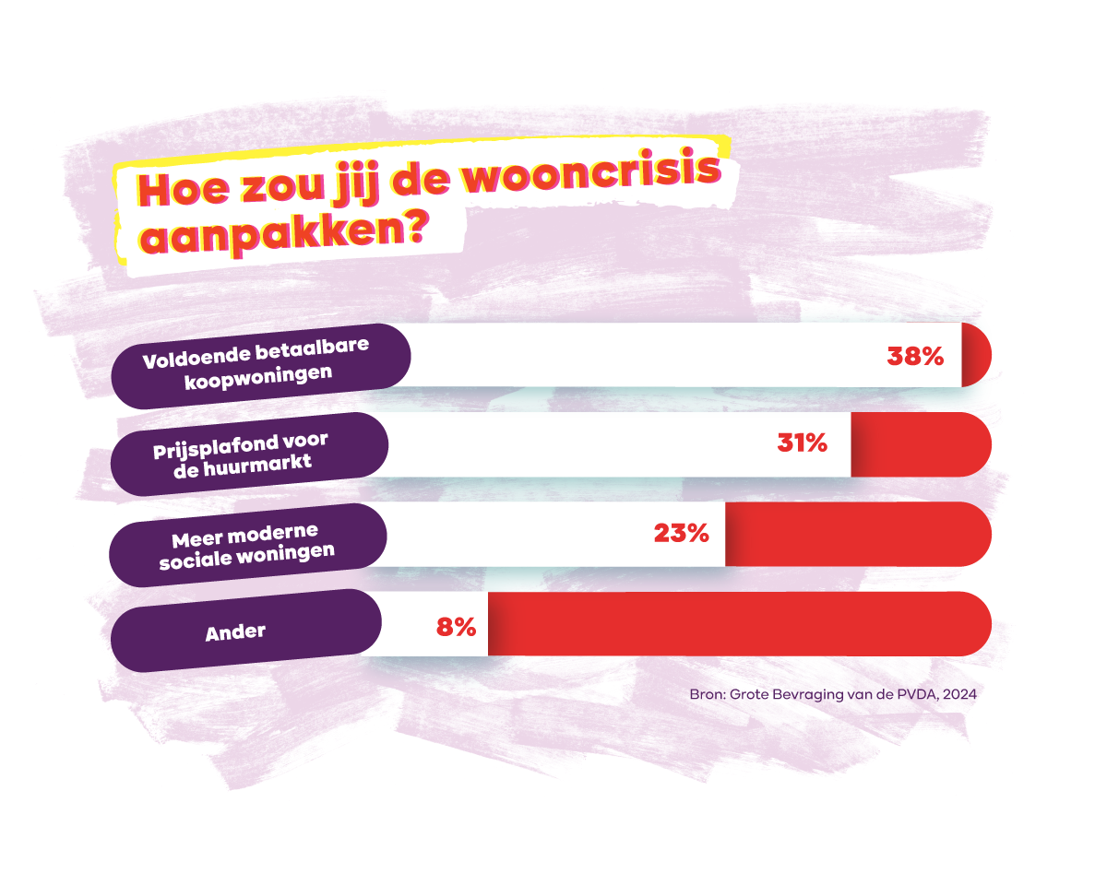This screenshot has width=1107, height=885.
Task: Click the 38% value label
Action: coord(915,357)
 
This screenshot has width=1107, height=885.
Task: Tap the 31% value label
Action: coord(802,444)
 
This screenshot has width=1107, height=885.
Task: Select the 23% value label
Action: coord(681,533)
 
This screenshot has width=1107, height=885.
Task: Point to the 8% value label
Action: coord(456,628)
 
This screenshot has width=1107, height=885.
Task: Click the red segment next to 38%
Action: coord(976,355)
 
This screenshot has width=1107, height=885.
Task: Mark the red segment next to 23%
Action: coord(858,534)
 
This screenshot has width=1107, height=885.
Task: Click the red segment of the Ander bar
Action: coord(738,624)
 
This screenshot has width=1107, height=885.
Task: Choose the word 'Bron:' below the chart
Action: coord(708,694)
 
